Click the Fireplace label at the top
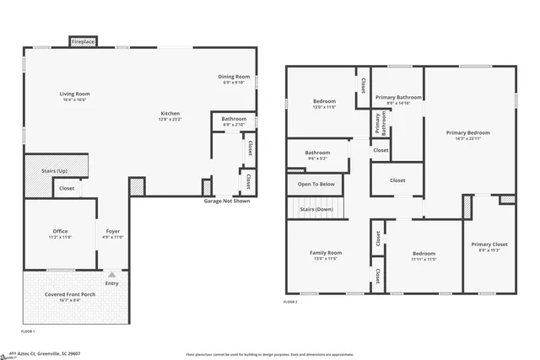(83, 41)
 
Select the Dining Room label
(234, 77)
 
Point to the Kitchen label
(170, 114)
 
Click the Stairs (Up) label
(55, 170)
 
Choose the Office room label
(60, 231)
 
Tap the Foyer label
(113, 231)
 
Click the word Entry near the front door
(111, 283)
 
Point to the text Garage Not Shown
(226, 201)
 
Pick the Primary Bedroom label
(467, 132)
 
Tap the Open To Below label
(316, 184)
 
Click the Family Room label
(325, 253)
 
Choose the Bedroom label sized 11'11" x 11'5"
(424, 254)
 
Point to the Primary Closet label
(489, 244)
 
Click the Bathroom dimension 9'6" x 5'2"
(317, 159)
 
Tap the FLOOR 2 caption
(291, 301)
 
